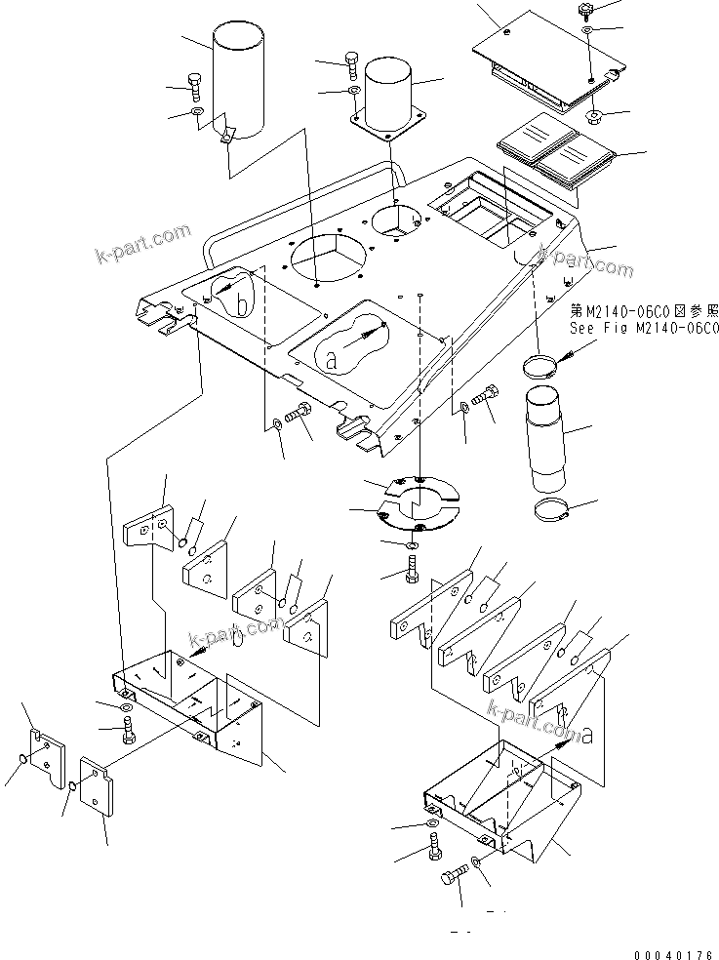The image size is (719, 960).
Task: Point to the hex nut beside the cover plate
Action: (594, 119)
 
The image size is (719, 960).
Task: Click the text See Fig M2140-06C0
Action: (644, 329)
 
